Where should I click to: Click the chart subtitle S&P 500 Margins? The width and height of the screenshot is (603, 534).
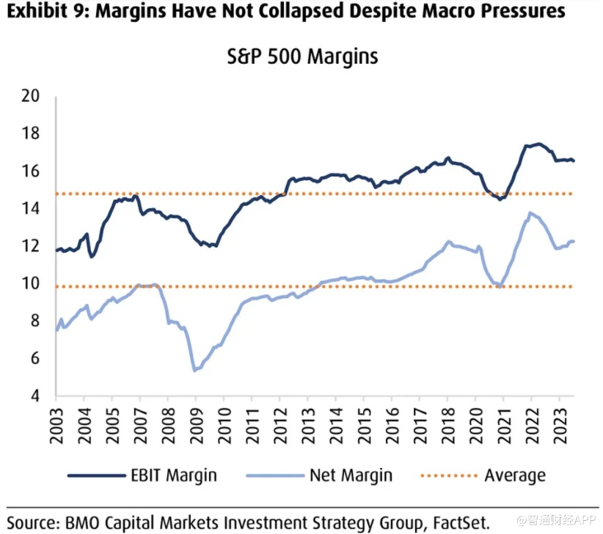(301, 56)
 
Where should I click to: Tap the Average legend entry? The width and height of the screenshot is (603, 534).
(514, 475)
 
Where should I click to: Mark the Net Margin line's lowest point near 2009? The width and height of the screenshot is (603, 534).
(194, 371)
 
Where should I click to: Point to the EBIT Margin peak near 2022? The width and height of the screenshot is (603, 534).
(538, 144)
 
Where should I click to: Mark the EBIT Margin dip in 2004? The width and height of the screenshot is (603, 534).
(92, 256)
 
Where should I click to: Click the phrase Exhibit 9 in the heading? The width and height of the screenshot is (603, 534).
(43, 12)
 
